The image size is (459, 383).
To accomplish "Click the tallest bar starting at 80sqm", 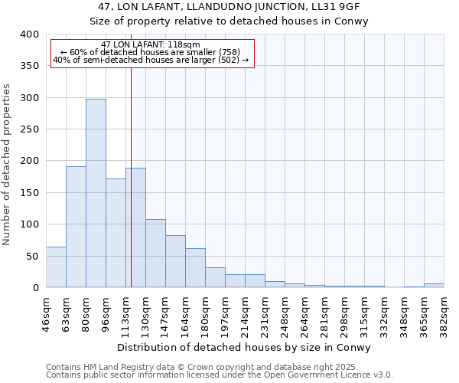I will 96,193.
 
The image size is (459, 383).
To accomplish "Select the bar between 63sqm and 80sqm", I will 76,227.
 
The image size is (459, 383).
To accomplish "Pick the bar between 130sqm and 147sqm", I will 155,253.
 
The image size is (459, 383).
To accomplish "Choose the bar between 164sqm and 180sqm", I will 195,267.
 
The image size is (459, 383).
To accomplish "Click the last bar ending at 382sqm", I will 434,285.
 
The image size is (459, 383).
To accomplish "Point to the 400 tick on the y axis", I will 30,34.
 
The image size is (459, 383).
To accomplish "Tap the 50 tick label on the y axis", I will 33,256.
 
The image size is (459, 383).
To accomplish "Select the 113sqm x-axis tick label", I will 125,312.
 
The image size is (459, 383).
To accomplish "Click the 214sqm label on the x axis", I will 245,312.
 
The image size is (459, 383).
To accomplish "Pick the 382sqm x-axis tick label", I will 444,312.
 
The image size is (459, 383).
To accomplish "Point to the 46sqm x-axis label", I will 46,312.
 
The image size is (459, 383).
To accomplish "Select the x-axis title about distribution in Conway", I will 245,347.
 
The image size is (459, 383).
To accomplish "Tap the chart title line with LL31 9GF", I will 229,7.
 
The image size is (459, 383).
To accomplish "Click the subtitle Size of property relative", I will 229,21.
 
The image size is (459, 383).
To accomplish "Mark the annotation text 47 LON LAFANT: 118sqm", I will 151,44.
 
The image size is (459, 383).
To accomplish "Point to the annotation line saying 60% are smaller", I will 151,52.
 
